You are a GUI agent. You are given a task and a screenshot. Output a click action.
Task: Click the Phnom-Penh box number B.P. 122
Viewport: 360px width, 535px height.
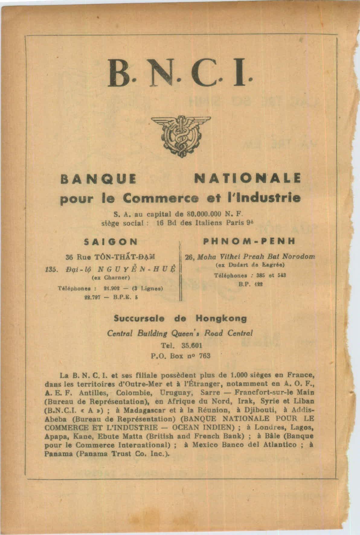tap(250, 284)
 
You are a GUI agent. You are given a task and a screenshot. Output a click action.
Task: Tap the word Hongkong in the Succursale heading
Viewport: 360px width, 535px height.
tap(221, 318)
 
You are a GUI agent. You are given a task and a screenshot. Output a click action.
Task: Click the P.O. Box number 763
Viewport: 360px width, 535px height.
tap(205, 355)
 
